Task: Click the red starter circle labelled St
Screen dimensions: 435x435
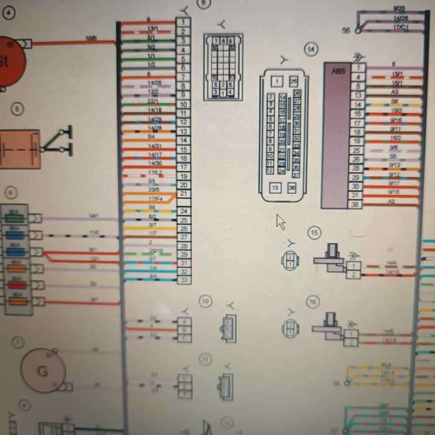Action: point(7,62)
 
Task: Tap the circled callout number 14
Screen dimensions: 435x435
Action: point(311,48)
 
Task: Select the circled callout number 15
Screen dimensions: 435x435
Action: point(314,233)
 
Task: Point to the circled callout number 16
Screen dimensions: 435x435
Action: point(313,301)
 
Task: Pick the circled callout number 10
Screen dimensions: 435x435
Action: point(205,301)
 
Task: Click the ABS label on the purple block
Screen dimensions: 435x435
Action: point(338,71)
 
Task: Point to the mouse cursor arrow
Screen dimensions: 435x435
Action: point(280,221)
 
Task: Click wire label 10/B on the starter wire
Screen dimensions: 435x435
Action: point(91,39)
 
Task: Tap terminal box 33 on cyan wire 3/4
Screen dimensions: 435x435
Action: point(183,280)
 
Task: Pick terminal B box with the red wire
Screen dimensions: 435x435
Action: point(183,329)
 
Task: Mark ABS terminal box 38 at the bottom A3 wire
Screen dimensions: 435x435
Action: point(355,204)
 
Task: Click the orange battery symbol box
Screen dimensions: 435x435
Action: point(19,148)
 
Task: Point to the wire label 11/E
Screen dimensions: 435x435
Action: point(94,232)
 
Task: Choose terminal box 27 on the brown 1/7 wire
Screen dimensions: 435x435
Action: point(183,237)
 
